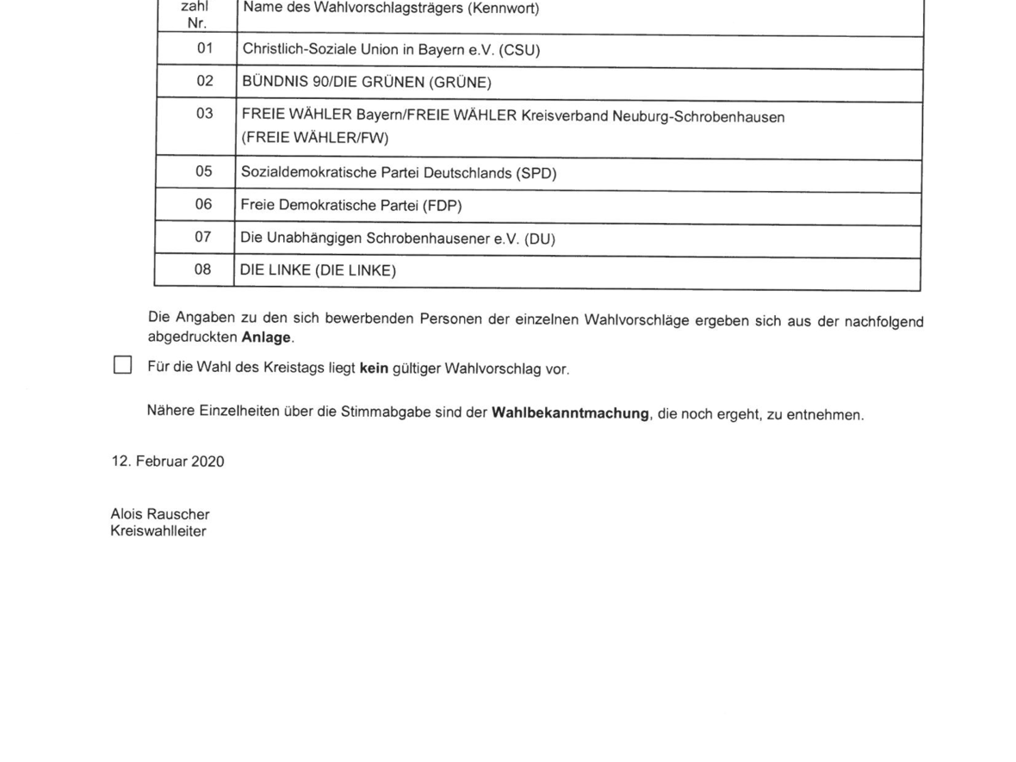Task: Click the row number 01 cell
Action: (204, 49)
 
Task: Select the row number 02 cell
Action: (204, 83)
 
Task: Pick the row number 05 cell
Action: (204, 172)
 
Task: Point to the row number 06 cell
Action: (204, 205)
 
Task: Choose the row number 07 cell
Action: (204, 238)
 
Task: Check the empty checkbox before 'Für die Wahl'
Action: (122, 365)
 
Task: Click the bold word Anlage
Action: (267, 338)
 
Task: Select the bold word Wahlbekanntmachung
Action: (569, 413)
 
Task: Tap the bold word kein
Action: (375, 369)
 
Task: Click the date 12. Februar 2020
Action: (167, 462)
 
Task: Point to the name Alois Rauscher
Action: (160, 515)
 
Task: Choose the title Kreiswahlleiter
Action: (158, 530)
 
